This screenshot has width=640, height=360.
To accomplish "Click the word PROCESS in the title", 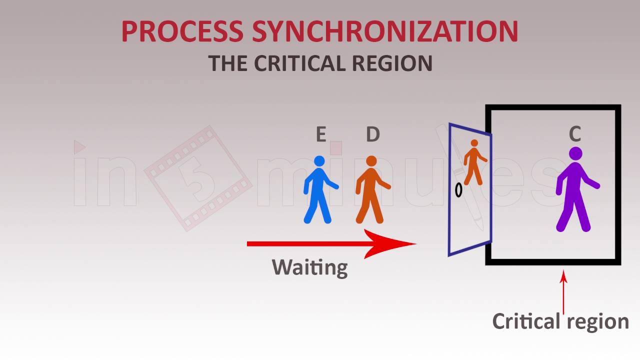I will tap(182, 31).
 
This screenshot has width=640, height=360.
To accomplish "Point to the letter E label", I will tap(321, 135).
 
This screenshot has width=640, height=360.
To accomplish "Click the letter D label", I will tap(372, 135).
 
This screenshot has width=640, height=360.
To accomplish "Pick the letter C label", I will tap(575, 134).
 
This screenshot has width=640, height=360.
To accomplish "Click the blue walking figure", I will tap(319, 192).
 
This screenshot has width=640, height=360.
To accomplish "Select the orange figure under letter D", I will tap(371, 192).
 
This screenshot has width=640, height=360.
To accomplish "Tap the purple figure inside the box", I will tap(575, 195).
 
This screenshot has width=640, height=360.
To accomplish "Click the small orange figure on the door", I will tap(473, 162).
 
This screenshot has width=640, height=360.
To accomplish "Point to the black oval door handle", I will tap(458, 190).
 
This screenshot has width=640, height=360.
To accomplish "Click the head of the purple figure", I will tap(575, 153).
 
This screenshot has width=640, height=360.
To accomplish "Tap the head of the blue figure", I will tap(319, 161).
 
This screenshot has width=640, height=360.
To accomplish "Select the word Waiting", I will tap(309, 267).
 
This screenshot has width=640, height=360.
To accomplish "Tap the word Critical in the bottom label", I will tap(526, 321).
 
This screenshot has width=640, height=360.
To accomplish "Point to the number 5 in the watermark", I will tap(198, 178).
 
